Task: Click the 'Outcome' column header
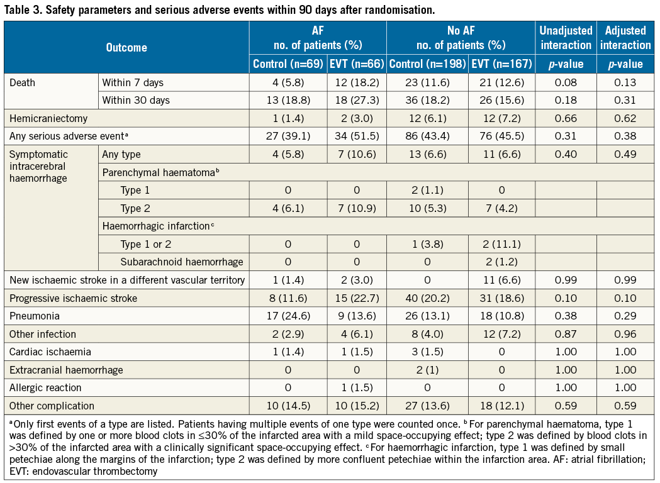point(126,48)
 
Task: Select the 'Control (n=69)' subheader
point(288,64)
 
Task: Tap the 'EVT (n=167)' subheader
point(501,64)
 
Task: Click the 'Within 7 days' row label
point(137,82)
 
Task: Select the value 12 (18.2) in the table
point(355,82)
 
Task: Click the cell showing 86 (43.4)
point(427,136)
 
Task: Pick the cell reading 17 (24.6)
point(288,316)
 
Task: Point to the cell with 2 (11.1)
point(501,244)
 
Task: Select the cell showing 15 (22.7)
point(355,298)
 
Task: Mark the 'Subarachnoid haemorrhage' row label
point(181,262)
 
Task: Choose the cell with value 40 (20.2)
point(427,298)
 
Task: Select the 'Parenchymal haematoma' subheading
point(160,172)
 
